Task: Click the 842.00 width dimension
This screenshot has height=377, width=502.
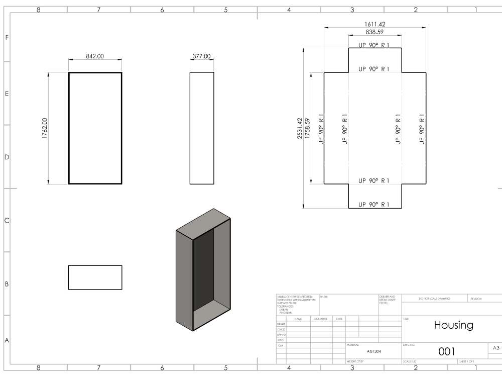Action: click(x=95, y=56)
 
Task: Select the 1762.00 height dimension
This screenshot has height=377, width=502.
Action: click(x=45, y=128)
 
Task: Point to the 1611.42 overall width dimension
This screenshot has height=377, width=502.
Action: click(x=375, y=24)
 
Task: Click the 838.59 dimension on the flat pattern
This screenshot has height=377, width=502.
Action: click(x=375, y=32)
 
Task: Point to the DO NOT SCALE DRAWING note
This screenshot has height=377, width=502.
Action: click(x=434, y=299)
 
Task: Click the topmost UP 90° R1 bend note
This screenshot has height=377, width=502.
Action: click(x=374, y=45)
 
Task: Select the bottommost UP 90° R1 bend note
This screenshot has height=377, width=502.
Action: click(x=374, y=205)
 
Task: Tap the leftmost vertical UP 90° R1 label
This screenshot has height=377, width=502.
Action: click(x=321, y=129)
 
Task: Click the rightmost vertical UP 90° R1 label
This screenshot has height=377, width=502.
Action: click(x=422, y=129)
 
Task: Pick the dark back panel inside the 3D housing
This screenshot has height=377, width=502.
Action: click(x=203, y=269)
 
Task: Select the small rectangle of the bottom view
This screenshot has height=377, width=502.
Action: click(x=95, y=277)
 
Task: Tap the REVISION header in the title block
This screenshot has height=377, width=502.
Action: click(x=475, y=299)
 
